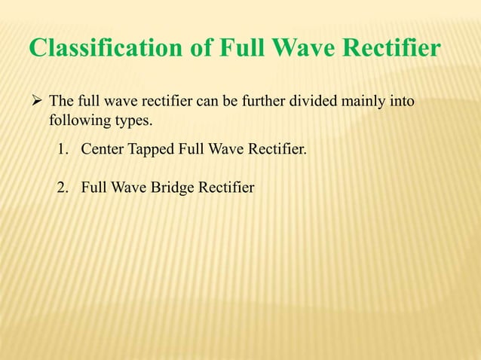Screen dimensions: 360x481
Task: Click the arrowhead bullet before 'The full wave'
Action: [35, 100]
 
